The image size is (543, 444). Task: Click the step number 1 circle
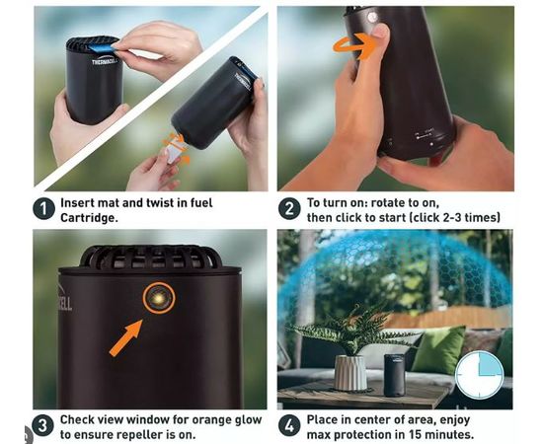click(x=44, y=208)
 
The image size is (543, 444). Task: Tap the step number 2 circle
click(x=289, y=208)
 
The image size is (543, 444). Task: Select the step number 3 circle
click(x=42, y=425)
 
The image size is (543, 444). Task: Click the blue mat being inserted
click(x=101, y=48)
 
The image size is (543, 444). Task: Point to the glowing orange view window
click(x=159, y=298)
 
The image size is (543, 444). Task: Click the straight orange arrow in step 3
click(x=125, y=337)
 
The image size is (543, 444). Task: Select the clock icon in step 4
click(x=479, y=375)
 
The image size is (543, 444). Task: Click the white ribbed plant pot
click(x=350, y=373)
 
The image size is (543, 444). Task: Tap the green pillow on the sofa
click(x=439, y=349)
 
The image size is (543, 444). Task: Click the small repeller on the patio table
click(x=395, y=375)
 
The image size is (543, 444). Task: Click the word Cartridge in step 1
click(x=87, y=218)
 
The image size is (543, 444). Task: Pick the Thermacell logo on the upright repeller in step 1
click(x=106, y=61)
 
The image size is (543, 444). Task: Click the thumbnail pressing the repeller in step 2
click(x=380, y=32)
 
